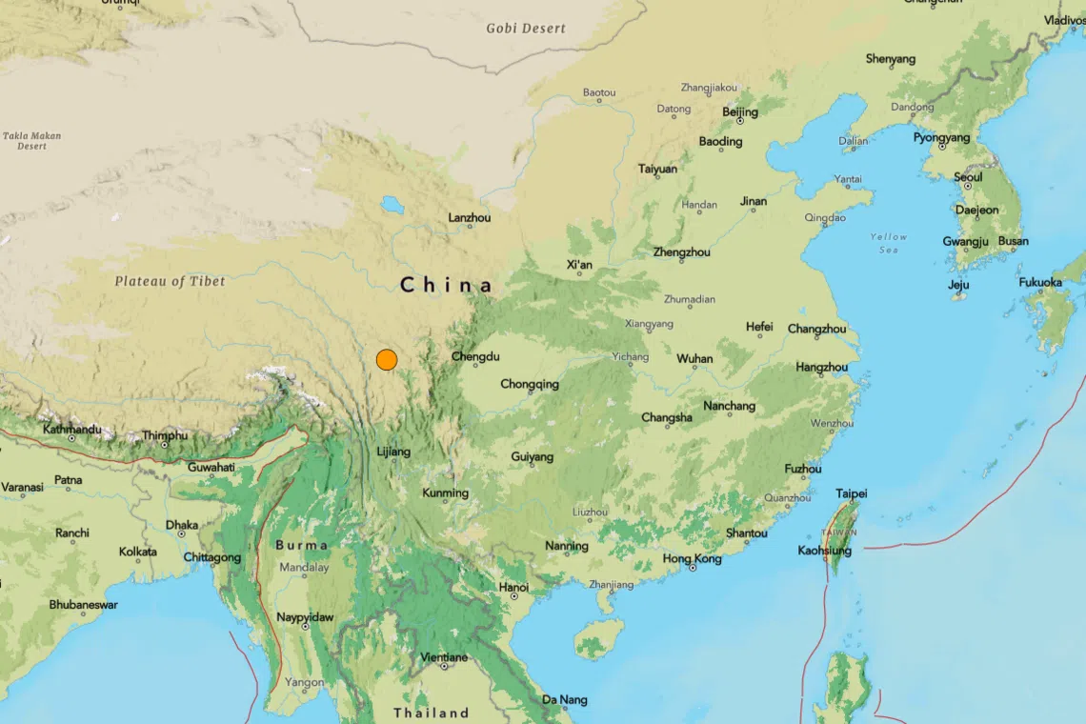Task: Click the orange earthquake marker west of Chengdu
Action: (x=386, y=359)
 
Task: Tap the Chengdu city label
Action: (x=475, y=356)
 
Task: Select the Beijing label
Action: (x=740, y=111)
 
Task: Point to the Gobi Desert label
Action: (x=526, y=28)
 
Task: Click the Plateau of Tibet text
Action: (x=171, y=281)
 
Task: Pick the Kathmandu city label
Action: (x=71, y=430)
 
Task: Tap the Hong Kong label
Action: (x=692, y=558)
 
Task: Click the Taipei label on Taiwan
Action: (x=851, y=493)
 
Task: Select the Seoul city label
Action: (x=968, y=177)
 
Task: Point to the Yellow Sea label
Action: (x=888, y=243)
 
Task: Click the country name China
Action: (x=447, y=285)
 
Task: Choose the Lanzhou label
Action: (x=470, y=217)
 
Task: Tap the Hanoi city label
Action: (x=513, y=587)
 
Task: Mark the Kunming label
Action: (x=446, y=493)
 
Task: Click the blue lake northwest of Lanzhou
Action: (x=391, y=204)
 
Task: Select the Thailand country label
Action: (x=432, y=713)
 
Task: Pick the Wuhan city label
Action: (x=694, y=358)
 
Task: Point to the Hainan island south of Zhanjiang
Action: (x=597, y=637)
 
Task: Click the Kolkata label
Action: (x=138, y=552)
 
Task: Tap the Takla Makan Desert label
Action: (x=31, y=141)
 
